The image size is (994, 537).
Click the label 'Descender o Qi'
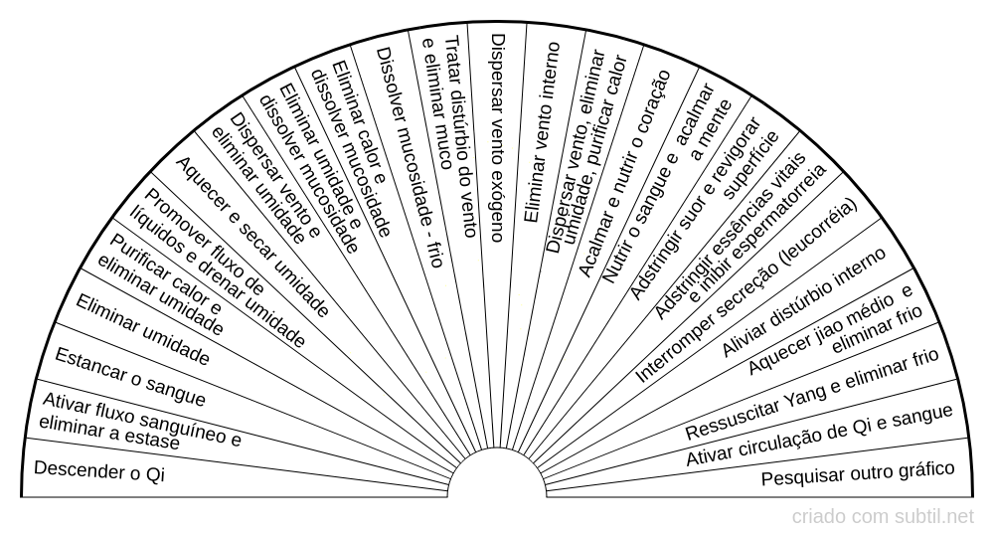(x=98, y=471)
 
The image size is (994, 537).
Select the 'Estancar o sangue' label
(x=130, y=377)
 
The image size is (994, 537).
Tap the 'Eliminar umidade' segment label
(x=142, y=330)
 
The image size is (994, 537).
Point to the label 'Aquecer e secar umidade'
(x=251, y=237)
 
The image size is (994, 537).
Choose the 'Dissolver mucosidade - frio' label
(x=409, y=157)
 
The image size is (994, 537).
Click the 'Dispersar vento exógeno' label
(x=498, y=137)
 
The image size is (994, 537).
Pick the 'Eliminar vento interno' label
(x=542, y=132)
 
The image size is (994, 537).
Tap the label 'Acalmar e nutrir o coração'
(x=624, y=174)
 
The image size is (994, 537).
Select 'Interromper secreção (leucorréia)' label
(x=746, y=290)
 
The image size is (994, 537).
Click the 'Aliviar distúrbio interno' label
(x=804, y=302)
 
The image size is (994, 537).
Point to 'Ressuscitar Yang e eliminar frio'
(x=812, y=395)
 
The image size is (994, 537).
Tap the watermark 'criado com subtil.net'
(x=883, y=517)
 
